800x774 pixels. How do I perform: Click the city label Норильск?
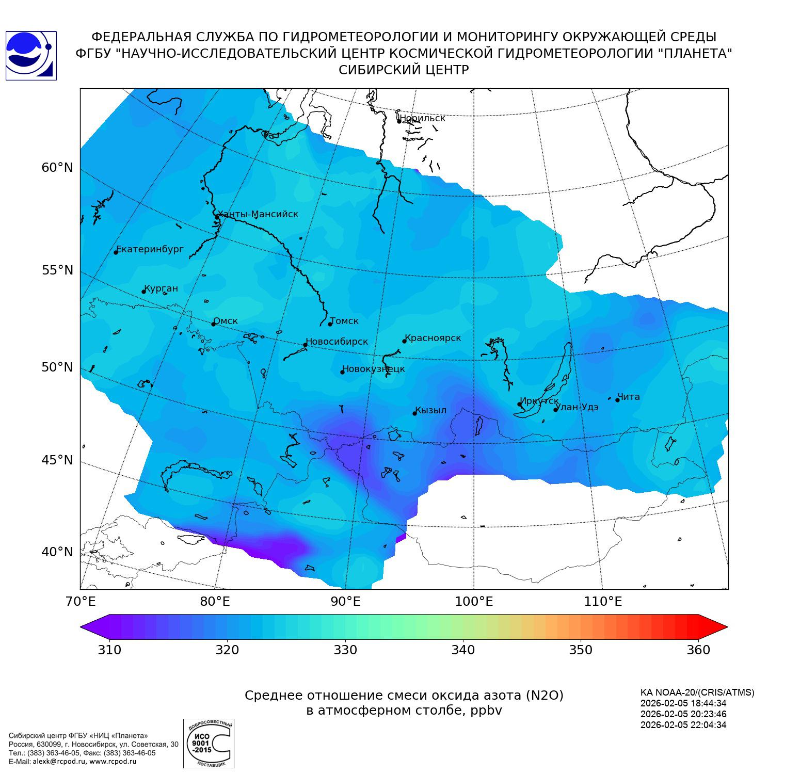point(422,118)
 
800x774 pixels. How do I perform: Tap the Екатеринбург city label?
point(150,249)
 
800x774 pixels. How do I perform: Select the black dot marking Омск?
point(213,324)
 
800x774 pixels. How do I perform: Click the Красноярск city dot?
point(405,341)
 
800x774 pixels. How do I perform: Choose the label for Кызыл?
point(431,410)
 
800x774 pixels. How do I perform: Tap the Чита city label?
point(629,397)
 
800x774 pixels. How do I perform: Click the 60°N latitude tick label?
point(57,168)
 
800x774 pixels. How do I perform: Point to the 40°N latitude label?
point(57,552)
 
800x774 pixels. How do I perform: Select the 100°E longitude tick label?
point(474,602)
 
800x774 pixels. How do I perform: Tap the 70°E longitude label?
point(80,602)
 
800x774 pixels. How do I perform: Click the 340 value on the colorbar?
point(463,650)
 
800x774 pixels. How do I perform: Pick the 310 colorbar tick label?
point(109,650)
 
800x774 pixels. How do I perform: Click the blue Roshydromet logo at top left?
point(30,56)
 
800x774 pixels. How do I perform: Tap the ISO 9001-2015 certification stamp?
point(209,744)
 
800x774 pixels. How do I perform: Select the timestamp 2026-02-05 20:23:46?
point(683,714)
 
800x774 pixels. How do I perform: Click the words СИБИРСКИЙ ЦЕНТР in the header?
point(404,70)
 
